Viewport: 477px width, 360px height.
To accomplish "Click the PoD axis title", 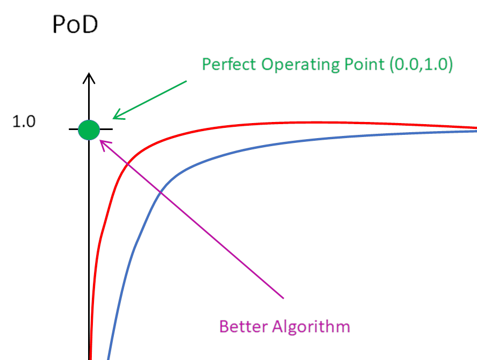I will click(75, 24).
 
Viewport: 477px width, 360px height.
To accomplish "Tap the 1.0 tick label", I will click(24, 122).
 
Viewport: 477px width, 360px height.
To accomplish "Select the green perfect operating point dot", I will click(89, 129).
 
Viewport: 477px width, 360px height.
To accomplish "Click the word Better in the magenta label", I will click(243, 326).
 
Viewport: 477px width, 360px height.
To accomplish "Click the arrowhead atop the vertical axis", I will click(89, 78).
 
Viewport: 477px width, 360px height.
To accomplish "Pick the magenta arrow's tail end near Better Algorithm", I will click(283, 297).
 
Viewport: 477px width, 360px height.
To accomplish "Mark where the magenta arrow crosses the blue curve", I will click(161, 192).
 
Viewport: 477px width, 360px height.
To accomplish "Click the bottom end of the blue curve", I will click(109, 357).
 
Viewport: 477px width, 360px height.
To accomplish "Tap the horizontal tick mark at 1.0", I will click(74, 129).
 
